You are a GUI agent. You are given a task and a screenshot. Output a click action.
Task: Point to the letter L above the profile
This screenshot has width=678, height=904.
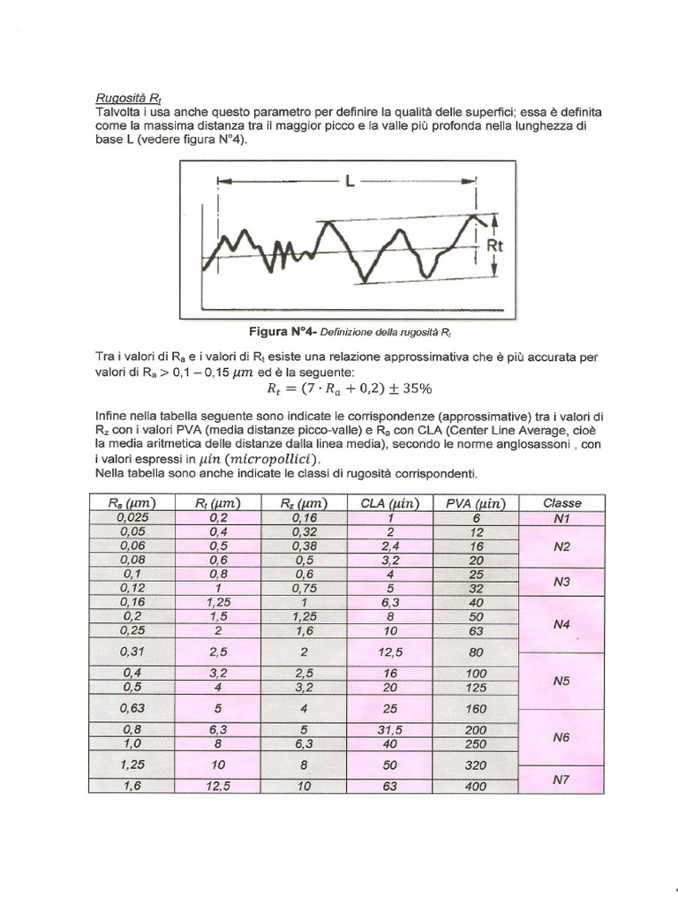[x=350, y=183]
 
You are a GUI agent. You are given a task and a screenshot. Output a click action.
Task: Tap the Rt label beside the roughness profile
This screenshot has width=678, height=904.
[x=494, y=246]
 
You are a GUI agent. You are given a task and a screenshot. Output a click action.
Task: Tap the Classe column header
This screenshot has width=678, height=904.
[x=562, y=503]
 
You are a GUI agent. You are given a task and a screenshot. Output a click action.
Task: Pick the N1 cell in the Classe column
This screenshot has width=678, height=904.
[x=562, y=518]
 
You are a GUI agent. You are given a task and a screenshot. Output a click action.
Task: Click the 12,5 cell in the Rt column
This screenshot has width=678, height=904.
[x=215, y=787]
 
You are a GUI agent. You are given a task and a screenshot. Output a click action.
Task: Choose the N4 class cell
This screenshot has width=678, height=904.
[x=562, y=624]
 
